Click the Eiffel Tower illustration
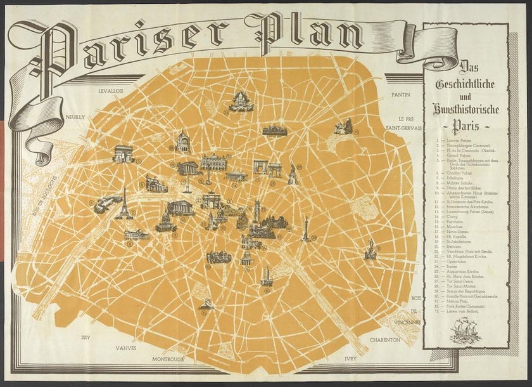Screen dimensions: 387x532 124,204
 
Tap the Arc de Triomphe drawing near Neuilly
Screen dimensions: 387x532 123,154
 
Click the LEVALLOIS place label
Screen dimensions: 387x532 111,91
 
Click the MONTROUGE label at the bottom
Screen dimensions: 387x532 168,359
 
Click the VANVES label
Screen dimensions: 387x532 126,348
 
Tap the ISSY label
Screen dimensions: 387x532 86,338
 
